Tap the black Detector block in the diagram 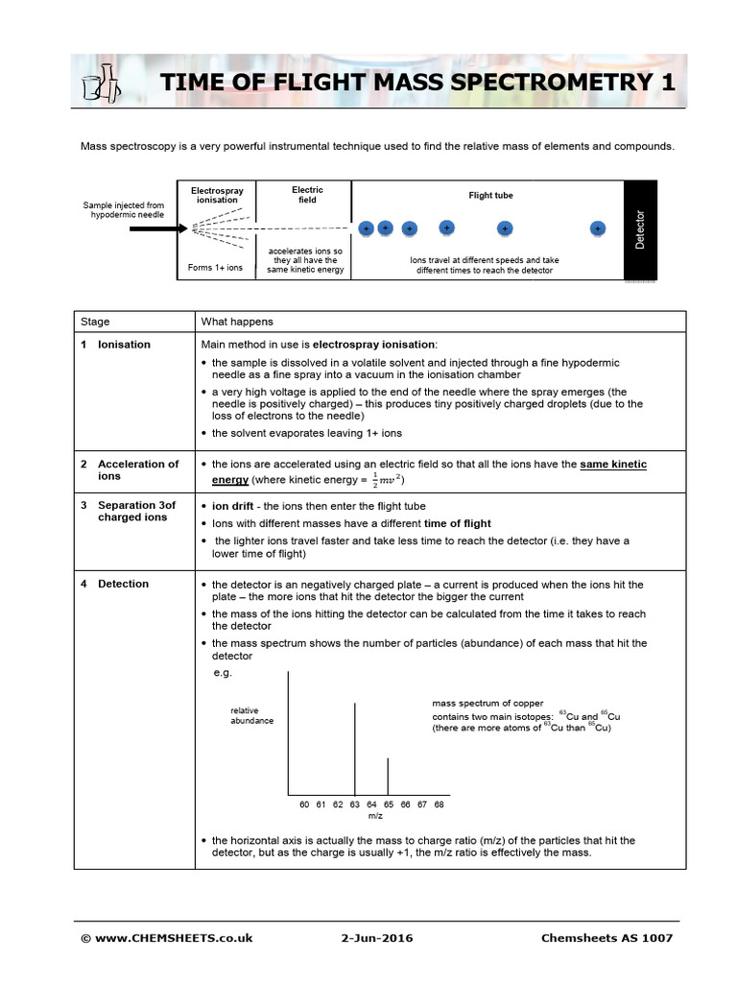tap(641, 230)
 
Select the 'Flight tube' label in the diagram tap(490, 195)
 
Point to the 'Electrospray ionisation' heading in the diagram tap(218, 195)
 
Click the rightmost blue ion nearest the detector tap(598, 229)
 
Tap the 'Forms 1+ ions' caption tap(215, 268)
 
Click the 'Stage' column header tap(95, 322)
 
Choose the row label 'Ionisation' tap(124, 344)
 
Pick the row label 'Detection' tap(123, 584)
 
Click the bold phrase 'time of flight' tap(457, 523)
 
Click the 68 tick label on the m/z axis tap(439, 803)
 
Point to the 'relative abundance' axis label tap(251, 715)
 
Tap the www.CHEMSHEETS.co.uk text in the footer tap(172, 938)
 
